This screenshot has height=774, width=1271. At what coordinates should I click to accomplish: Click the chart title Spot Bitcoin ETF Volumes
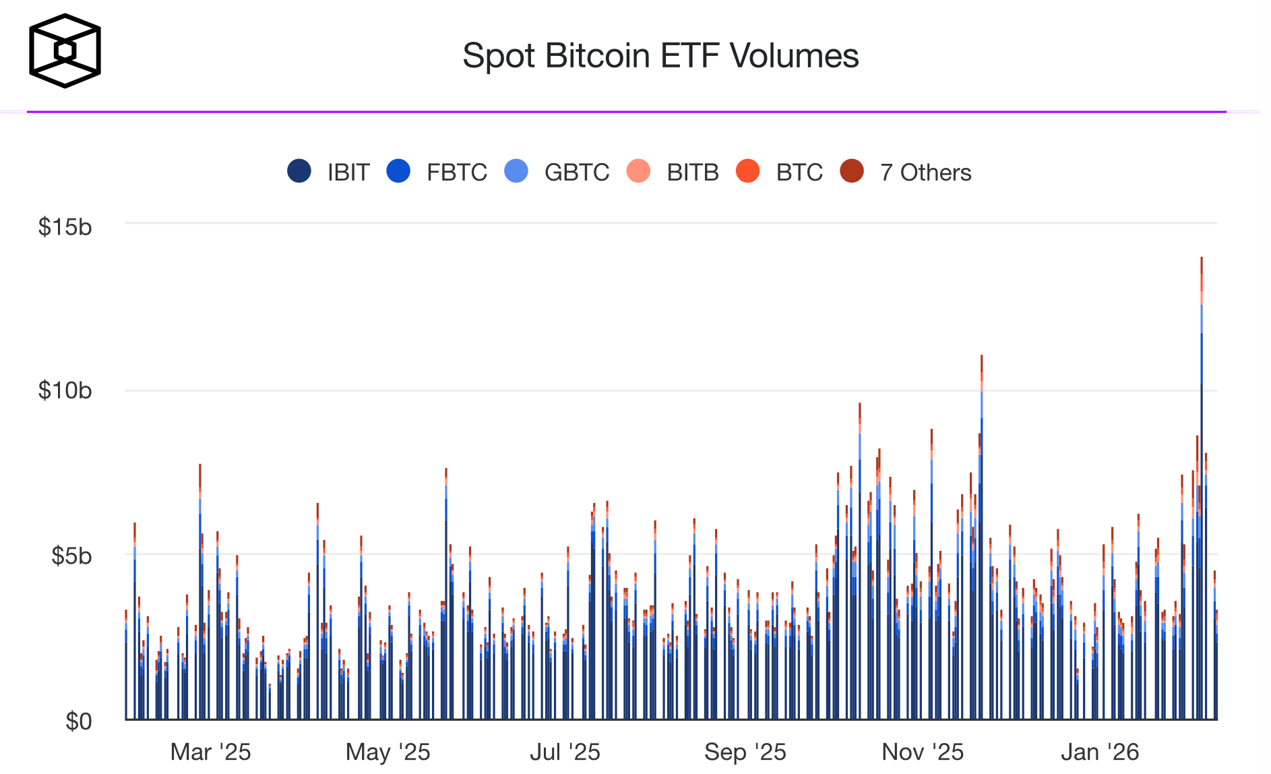(x=660, y=55)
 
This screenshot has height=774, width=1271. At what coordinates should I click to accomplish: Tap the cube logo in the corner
(x=65, y=51)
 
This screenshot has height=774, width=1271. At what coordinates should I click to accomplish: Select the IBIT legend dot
(x=299, y=171)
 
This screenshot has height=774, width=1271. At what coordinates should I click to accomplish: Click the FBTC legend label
(x=456, y=173)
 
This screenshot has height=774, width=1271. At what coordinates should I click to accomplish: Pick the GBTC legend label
(x=576, y=173)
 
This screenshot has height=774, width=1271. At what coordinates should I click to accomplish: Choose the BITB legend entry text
(x=692, y=173)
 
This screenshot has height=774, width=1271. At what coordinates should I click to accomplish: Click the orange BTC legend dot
(x=747, y=171)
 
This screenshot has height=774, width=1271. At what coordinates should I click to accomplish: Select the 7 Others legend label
(x=925, y=173)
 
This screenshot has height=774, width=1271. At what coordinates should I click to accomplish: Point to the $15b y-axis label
(x=65, y=227)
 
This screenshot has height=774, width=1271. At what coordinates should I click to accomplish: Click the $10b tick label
(x=65, y=390)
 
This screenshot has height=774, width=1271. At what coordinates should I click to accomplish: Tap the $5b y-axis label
(x=71, y=556)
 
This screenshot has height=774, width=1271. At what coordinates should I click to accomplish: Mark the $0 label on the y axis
(x=78, y=721)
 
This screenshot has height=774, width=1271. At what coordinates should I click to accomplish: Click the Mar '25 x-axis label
(x=210, y=752)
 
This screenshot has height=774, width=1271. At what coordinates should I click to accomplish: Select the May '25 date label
(x=387, y=752)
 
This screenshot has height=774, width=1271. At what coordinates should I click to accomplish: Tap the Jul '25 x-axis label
(x=565, y=752)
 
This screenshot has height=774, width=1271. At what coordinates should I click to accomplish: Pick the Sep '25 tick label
(x=745, y=752)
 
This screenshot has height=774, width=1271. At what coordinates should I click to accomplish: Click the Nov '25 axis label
(x=923, y=752)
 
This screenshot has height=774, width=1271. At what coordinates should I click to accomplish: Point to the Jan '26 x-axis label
(x=1100, y=752)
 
